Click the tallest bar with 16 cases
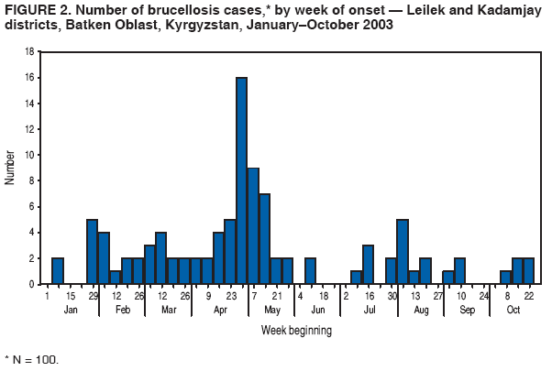click(x=242, y=181)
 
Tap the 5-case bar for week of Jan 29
click(x=93, y=252)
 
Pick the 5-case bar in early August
click(x=402, y=252)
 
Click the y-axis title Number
click(x=11, y=169)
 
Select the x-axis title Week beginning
click(x=282, y=329)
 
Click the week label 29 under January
click(x=93, y=296)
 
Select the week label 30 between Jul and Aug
click(x=391, y=296)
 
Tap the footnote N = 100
click(x=32, y=359)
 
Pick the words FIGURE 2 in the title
click(x=33, y=10)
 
